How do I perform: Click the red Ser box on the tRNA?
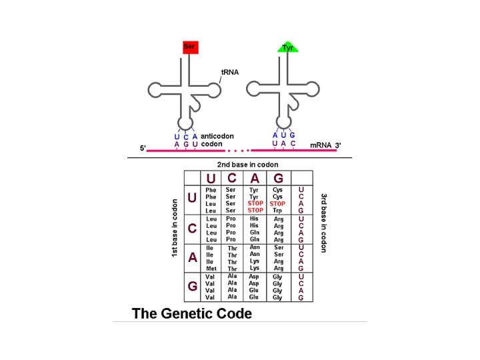click(x=190, y=47)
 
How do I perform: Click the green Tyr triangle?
click(x=287, y=47)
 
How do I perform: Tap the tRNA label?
click(x=229, y=72)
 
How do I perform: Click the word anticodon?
click(x=217, y=136)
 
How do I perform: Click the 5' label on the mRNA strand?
click(x=143, y=148)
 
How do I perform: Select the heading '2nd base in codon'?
click(x=247, y=164)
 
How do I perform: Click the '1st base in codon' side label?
click(x=175, y=228)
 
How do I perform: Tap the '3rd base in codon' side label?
click(x=323, y=223)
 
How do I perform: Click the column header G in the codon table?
click(x=278, y=178)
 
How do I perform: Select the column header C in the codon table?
click(x=231, y=178)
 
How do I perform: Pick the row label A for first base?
click(x=192, y=257)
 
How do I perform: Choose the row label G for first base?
click(x=192, y=286)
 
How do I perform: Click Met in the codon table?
click(x=211, y=269)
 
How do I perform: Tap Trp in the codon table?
click(x=278, y=211)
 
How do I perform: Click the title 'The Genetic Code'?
click(x=192, y=313)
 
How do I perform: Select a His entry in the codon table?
click(x=254, y=219)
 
